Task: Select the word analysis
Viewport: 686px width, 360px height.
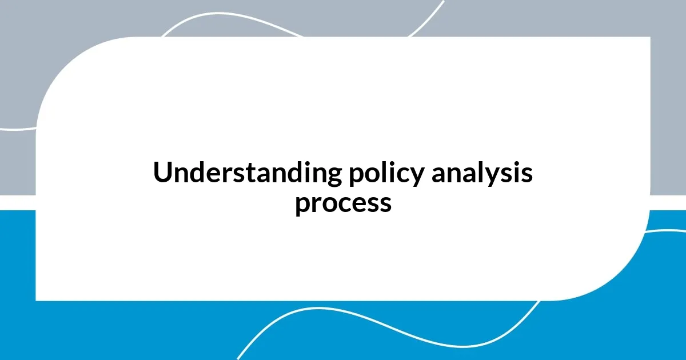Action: (482, 173)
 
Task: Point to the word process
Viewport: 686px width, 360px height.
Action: (343, 203)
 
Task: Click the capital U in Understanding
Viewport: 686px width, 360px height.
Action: (162, 173)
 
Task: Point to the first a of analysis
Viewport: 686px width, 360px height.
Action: (439, 175)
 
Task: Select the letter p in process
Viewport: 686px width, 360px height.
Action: (302, 206)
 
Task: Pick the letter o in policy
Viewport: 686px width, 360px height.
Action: (370, 175)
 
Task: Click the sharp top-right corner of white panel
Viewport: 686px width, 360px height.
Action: (649, 38)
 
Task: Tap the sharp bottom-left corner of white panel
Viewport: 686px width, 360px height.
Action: (37, 299)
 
